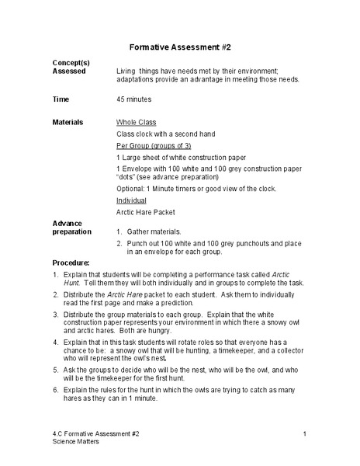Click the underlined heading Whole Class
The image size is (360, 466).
point(136,123)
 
